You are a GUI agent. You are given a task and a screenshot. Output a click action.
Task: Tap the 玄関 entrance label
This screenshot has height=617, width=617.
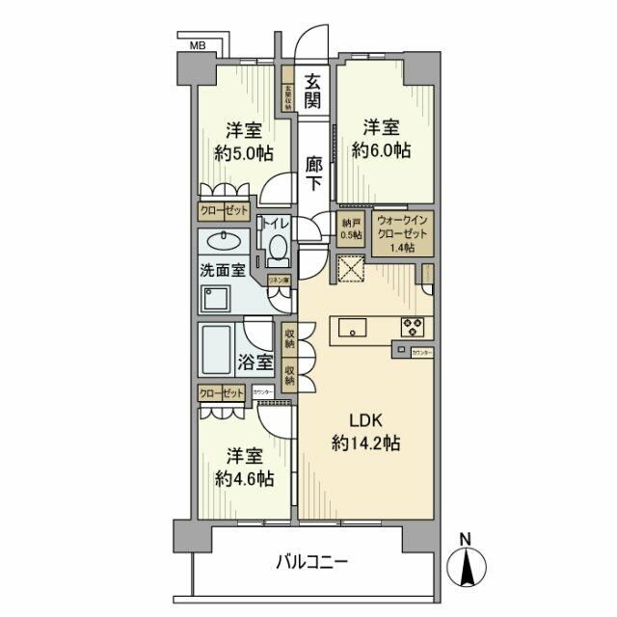click(x=314, y=94)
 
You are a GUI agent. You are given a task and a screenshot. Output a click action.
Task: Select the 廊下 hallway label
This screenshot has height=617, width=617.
click(x=314, y=174)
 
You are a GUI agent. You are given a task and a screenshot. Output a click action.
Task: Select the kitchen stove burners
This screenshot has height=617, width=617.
click(x=414, y=325)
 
